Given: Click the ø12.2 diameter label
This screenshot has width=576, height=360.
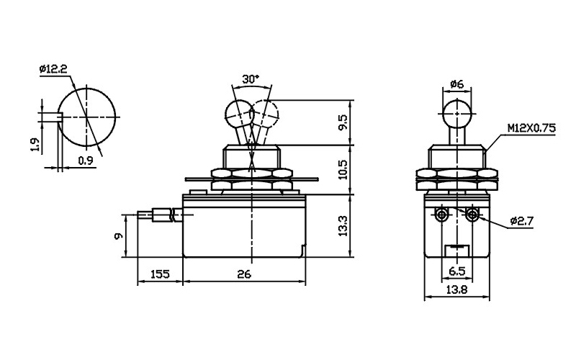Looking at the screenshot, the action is [x=53, y=69].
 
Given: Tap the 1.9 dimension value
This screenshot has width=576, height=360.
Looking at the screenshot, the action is [x=35, y=145].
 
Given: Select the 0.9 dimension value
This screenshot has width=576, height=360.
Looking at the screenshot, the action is [x=86, y=160].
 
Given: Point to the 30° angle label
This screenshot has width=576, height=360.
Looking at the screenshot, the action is [x=251, y=79].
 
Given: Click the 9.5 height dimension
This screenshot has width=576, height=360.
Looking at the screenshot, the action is [x=343, y=122].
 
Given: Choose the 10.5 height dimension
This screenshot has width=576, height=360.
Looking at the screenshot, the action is [x=343, y=169].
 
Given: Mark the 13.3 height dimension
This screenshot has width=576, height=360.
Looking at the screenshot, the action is [x=343, y=226].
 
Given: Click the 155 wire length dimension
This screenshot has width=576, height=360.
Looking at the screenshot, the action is [x=160, y=274].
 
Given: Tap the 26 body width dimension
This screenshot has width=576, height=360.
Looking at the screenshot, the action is [x=244, y=274].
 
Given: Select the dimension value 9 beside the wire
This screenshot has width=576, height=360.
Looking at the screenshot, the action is [x=119, y=236].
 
